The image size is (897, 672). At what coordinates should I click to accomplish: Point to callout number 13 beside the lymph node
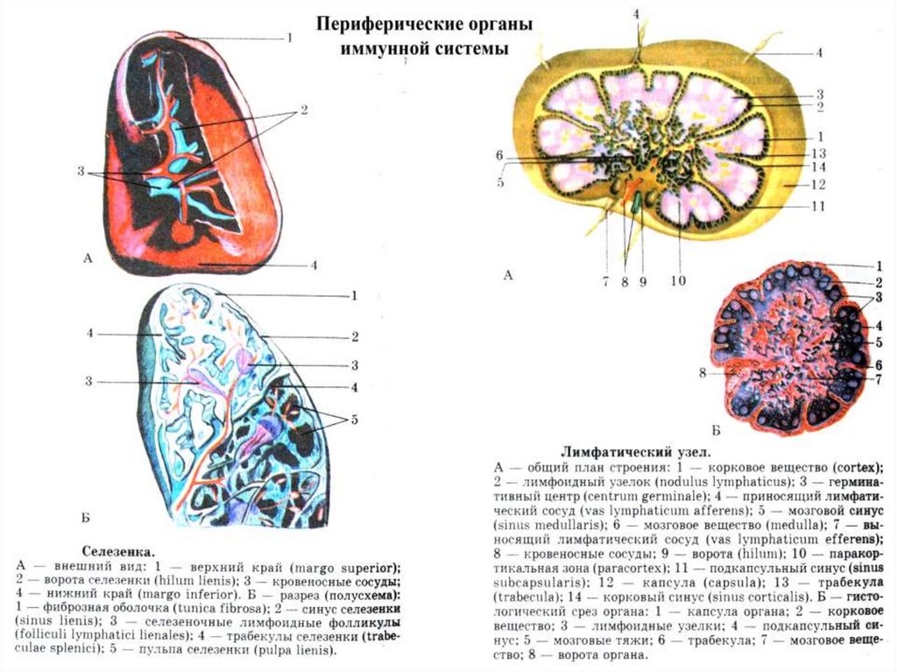point(819,152)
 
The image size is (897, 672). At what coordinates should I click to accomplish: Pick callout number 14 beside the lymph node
point(819,166)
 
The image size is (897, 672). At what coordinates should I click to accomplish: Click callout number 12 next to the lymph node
point(819,185)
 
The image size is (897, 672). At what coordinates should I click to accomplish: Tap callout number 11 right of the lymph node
point(819,207)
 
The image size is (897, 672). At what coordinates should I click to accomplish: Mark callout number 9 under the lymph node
point(642,281)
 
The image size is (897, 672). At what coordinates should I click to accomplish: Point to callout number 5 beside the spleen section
point(354,420)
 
